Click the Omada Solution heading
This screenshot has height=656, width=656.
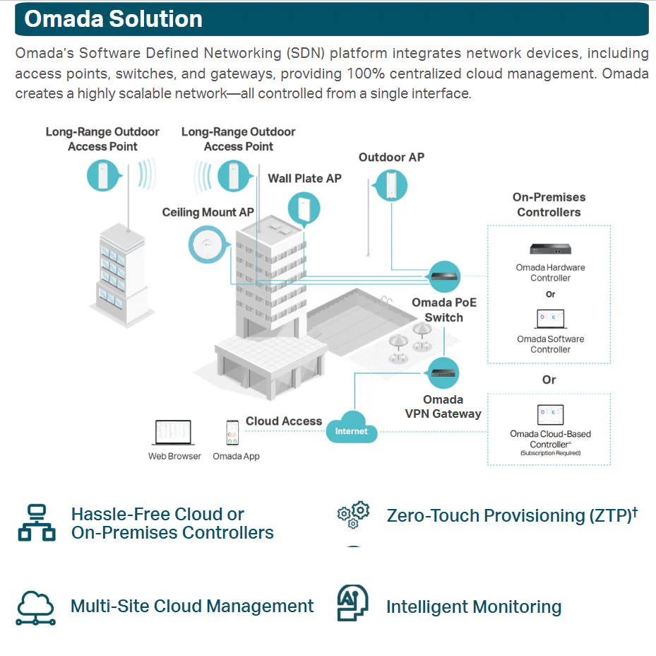(x=113, y=19)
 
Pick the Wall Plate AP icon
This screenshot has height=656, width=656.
(x=304, y=209)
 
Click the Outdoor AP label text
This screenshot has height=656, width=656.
(x=391, y=157)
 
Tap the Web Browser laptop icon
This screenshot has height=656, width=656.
(x=174, y=433)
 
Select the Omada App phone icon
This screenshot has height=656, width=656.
(x=232, y=433)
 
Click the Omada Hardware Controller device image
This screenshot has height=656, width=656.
(x=550, y=250)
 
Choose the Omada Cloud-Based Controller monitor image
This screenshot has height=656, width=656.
(x=550, y=415)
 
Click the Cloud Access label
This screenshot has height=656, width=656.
(x=284, y=421)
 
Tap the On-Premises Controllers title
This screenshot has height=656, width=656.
(x=549, y=204)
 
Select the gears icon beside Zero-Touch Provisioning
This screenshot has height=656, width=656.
(x=354, y=515)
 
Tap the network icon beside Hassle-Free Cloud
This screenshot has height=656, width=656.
(x=36, y=522)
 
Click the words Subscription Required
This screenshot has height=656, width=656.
(x=550, y=453)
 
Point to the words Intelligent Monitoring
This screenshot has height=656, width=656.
(x=474, y=607)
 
